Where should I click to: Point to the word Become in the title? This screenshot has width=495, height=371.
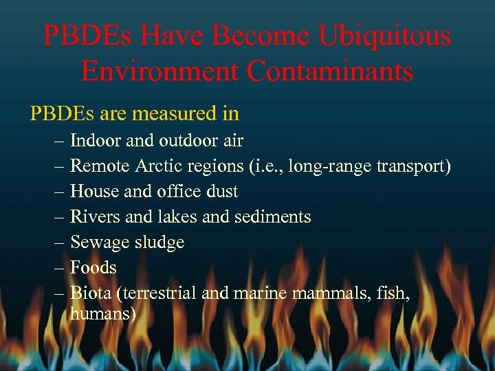(245, 36)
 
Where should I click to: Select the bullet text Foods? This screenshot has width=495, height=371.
(93, 267)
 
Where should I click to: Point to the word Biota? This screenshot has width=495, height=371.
(91, 293)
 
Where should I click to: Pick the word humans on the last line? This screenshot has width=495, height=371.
(103, 314)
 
